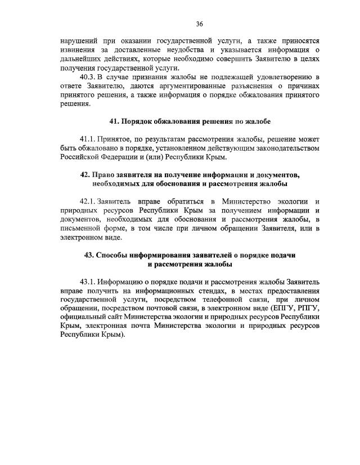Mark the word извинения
[79, 50]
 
